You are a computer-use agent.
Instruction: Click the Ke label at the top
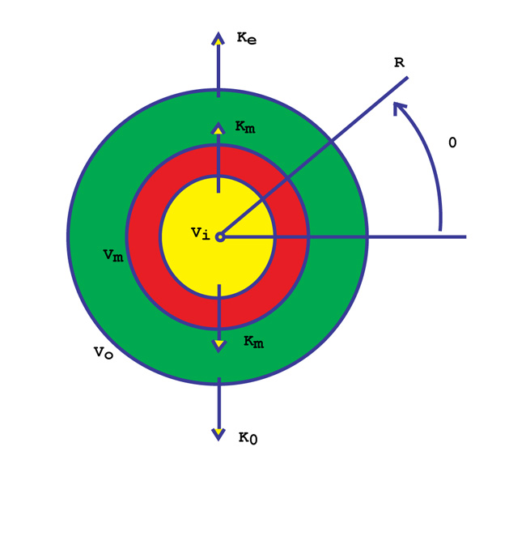pyautogui.click(x=247, y=38)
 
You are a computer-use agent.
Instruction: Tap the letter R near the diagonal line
pyautogui.click(x=399, y=62)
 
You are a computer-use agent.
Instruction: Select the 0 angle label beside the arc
pyautogui.click(x=452, y=143)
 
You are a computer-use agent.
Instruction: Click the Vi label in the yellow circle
pyautogui.click(x=201, y=233)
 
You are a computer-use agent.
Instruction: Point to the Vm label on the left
pyautogui.click(x=113, y=255)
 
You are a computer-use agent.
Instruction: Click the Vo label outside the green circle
pyautogui.click(x=104, y=352)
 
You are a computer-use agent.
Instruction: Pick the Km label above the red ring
pyautogui.click(x=245, y=127)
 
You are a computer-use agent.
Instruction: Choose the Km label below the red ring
pyautogui.click(x=254, y=342)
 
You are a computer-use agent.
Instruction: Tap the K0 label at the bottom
pyautogui.click(x=248, y=438)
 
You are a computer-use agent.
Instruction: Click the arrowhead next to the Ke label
pyautogui.click(x=218, y=39)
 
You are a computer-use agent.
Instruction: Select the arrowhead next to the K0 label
pyautogui.click(x=218, y=435)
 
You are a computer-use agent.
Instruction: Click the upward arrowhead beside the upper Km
pyautogui.click(x=218, y=129)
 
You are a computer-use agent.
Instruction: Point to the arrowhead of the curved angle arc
pyautogui.click(x=398, y=108)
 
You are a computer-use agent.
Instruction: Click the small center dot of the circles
pyautogui.click(x=220, y=236)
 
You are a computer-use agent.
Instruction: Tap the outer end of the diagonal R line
pyautogui.click(x=408, y=78)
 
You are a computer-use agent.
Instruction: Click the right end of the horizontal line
pyautogui.click(x=466, y=236)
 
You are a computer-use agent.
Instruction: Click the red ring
pyautogui.click(x=143, y=236)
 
